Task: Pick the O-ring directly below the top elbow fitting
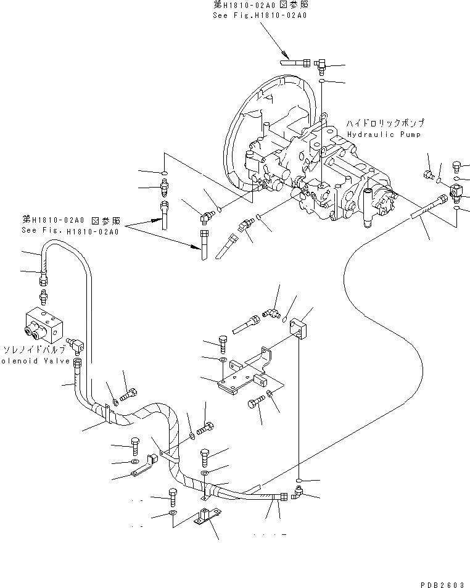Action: point(323,81)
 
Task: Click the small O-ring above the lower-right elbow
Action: point(298,479)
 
